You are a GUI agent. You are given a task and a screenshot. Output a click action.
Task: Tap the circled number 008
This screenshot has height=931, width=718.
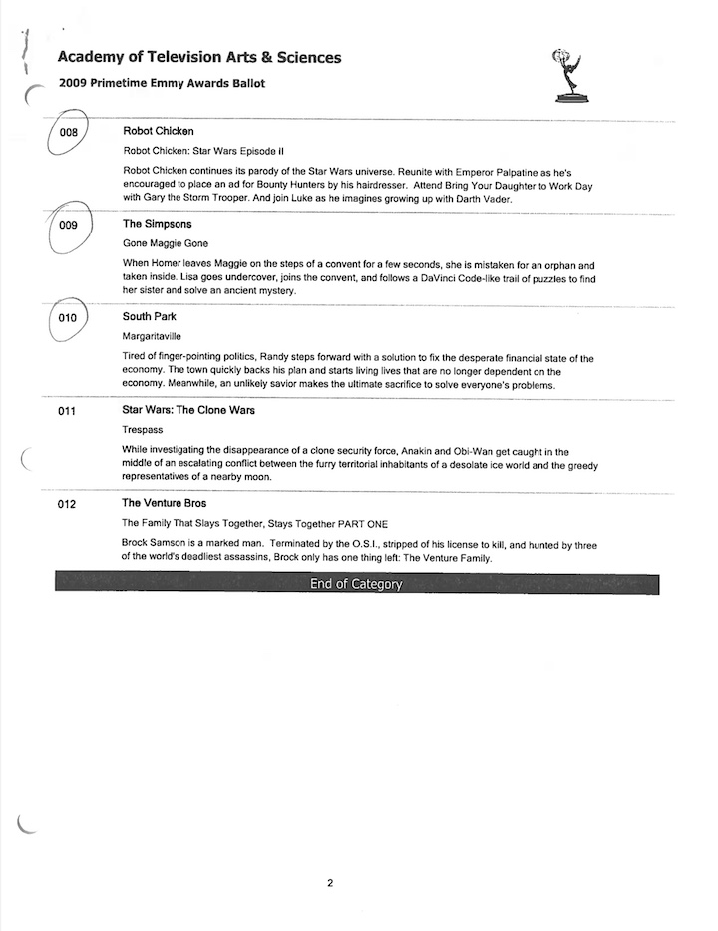coord(69,132)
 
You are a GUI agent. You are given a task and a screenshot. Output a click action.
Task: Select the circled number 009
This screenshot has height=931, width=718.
coord(69,225)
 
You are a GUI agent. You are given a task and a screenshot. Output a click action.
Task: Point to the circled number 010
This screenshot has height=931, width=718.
coord(68,318)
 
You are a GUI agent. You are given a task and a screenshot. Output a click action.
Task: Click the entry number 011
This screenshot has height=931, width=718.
coord(68,411)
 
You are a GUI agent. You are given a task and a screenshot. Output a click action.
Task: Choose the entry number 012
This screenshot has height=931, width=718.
coord(68,504)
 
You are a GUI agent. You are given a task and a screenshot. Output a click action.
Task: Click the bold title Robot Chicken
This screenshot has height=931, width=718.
coord(158,131)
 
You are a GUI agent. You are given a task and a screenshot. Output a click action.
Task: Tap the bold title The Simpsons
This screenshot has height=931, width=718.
coord(157,224)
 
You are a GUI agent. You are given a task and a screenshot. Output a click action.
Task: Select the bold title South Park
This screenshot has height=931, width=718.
coord(149,316)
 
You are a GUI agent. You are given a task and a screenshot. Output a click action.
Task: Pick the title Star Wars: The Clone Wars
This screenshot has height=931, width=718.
coord(188,410)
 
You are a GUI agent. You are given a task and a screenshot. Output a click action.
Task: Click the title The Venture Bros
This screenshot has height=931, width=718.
coord(164,503)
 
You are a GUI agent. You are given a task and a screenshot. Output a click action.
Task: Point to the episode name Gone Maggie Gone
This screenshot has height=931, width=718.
coord(166,243)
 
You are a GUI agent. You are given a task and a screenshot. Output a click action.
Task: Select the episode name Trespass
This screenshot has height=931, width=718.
coord(143,429)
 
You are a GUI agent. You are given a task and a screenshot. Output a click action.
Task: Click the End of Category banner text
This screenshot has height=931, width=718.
coord(356,584)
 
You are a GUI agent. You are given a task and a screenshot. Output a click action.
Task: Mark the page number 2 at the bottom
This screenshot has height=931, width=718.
coord(330,882)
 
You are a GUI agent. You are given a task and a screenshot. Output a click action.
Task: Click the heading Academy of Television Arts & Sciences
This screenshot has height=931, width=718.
coord(199,58)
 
